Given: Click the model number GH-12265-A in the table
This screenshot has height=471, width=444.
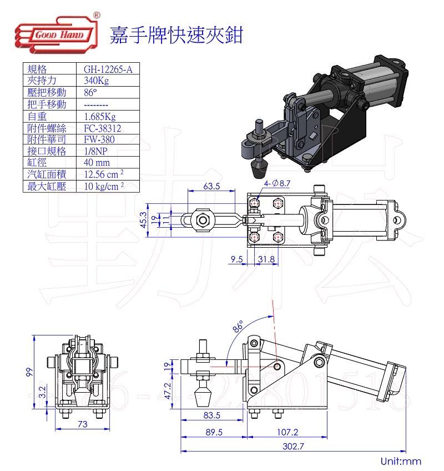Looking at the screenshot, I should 108,69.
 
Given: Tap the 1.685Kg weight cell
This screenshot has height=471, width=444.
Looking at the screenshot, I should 100,116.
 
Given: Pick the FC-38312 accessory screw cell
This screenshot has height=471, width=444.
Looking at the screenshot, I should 102,128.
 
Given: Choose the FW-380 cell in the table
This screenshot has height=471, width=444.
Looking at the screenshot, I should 99,139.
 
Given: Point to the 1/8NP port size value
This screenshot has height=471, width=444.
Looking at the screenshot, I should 97,151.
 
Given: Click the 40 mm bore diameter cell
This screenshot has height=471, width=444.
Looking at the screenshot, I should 97,163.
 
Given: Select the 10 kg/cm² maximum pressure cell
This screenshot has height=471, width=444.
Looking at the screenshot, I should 103,186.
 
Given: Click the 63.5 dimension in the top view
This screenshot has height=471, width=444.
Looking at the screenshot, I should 211,186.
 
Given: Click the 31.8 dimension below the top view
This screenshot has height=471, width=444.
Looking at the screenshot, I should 266,259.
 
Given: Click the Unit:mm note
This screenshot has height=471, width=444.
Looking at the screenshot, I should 401,461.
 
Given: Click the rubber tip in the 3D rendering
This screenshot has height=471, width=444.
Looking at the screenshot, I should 259,167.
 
